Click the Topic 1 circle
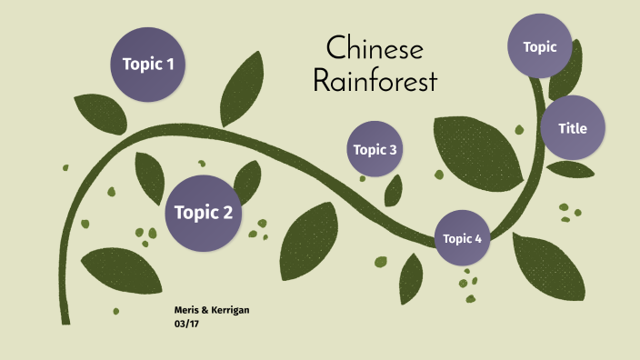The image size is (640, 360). [148, 65]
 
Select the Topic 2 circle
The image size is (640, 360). [204, 213]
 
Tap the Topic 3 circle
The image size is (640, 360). [375, 149]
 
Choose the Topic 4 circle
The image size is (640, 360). [462, 238]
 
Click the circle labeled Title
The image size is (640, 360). [573, 128]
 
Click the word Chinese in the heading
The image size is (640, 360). [375, 48]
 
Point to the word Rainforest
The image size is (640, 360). [375, 81]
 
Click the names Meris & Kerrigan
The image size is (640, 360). [211, 310]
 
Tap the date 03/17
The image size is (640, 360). [186, 323]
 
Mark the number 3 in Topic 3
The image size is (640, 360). [393, 150]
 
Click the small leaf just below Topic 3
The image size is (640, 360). [394, 190]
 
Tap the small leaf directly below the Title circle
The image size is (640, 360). [570, 170]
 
